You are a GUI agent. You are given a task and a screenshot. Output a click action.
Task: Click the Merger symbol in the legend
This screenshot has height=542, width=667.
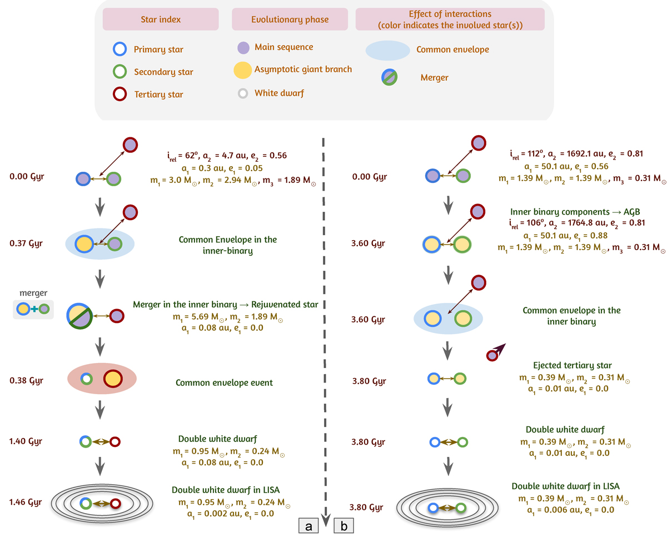389,77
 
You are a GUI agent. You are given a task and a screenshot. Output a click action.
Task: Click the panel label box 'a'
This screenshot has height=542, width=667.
307,524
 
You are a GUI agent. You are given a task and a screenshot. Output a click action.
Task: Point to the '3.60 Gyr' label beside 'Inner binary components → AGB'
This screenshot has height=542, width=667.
369,243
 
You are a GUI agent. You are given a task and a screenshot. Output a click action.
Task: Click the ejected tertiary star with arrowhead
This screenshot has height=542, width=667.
493,354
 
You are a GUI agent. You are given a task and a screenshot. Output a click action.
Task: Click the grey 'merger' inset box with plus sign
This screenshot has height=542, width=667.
33,309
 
